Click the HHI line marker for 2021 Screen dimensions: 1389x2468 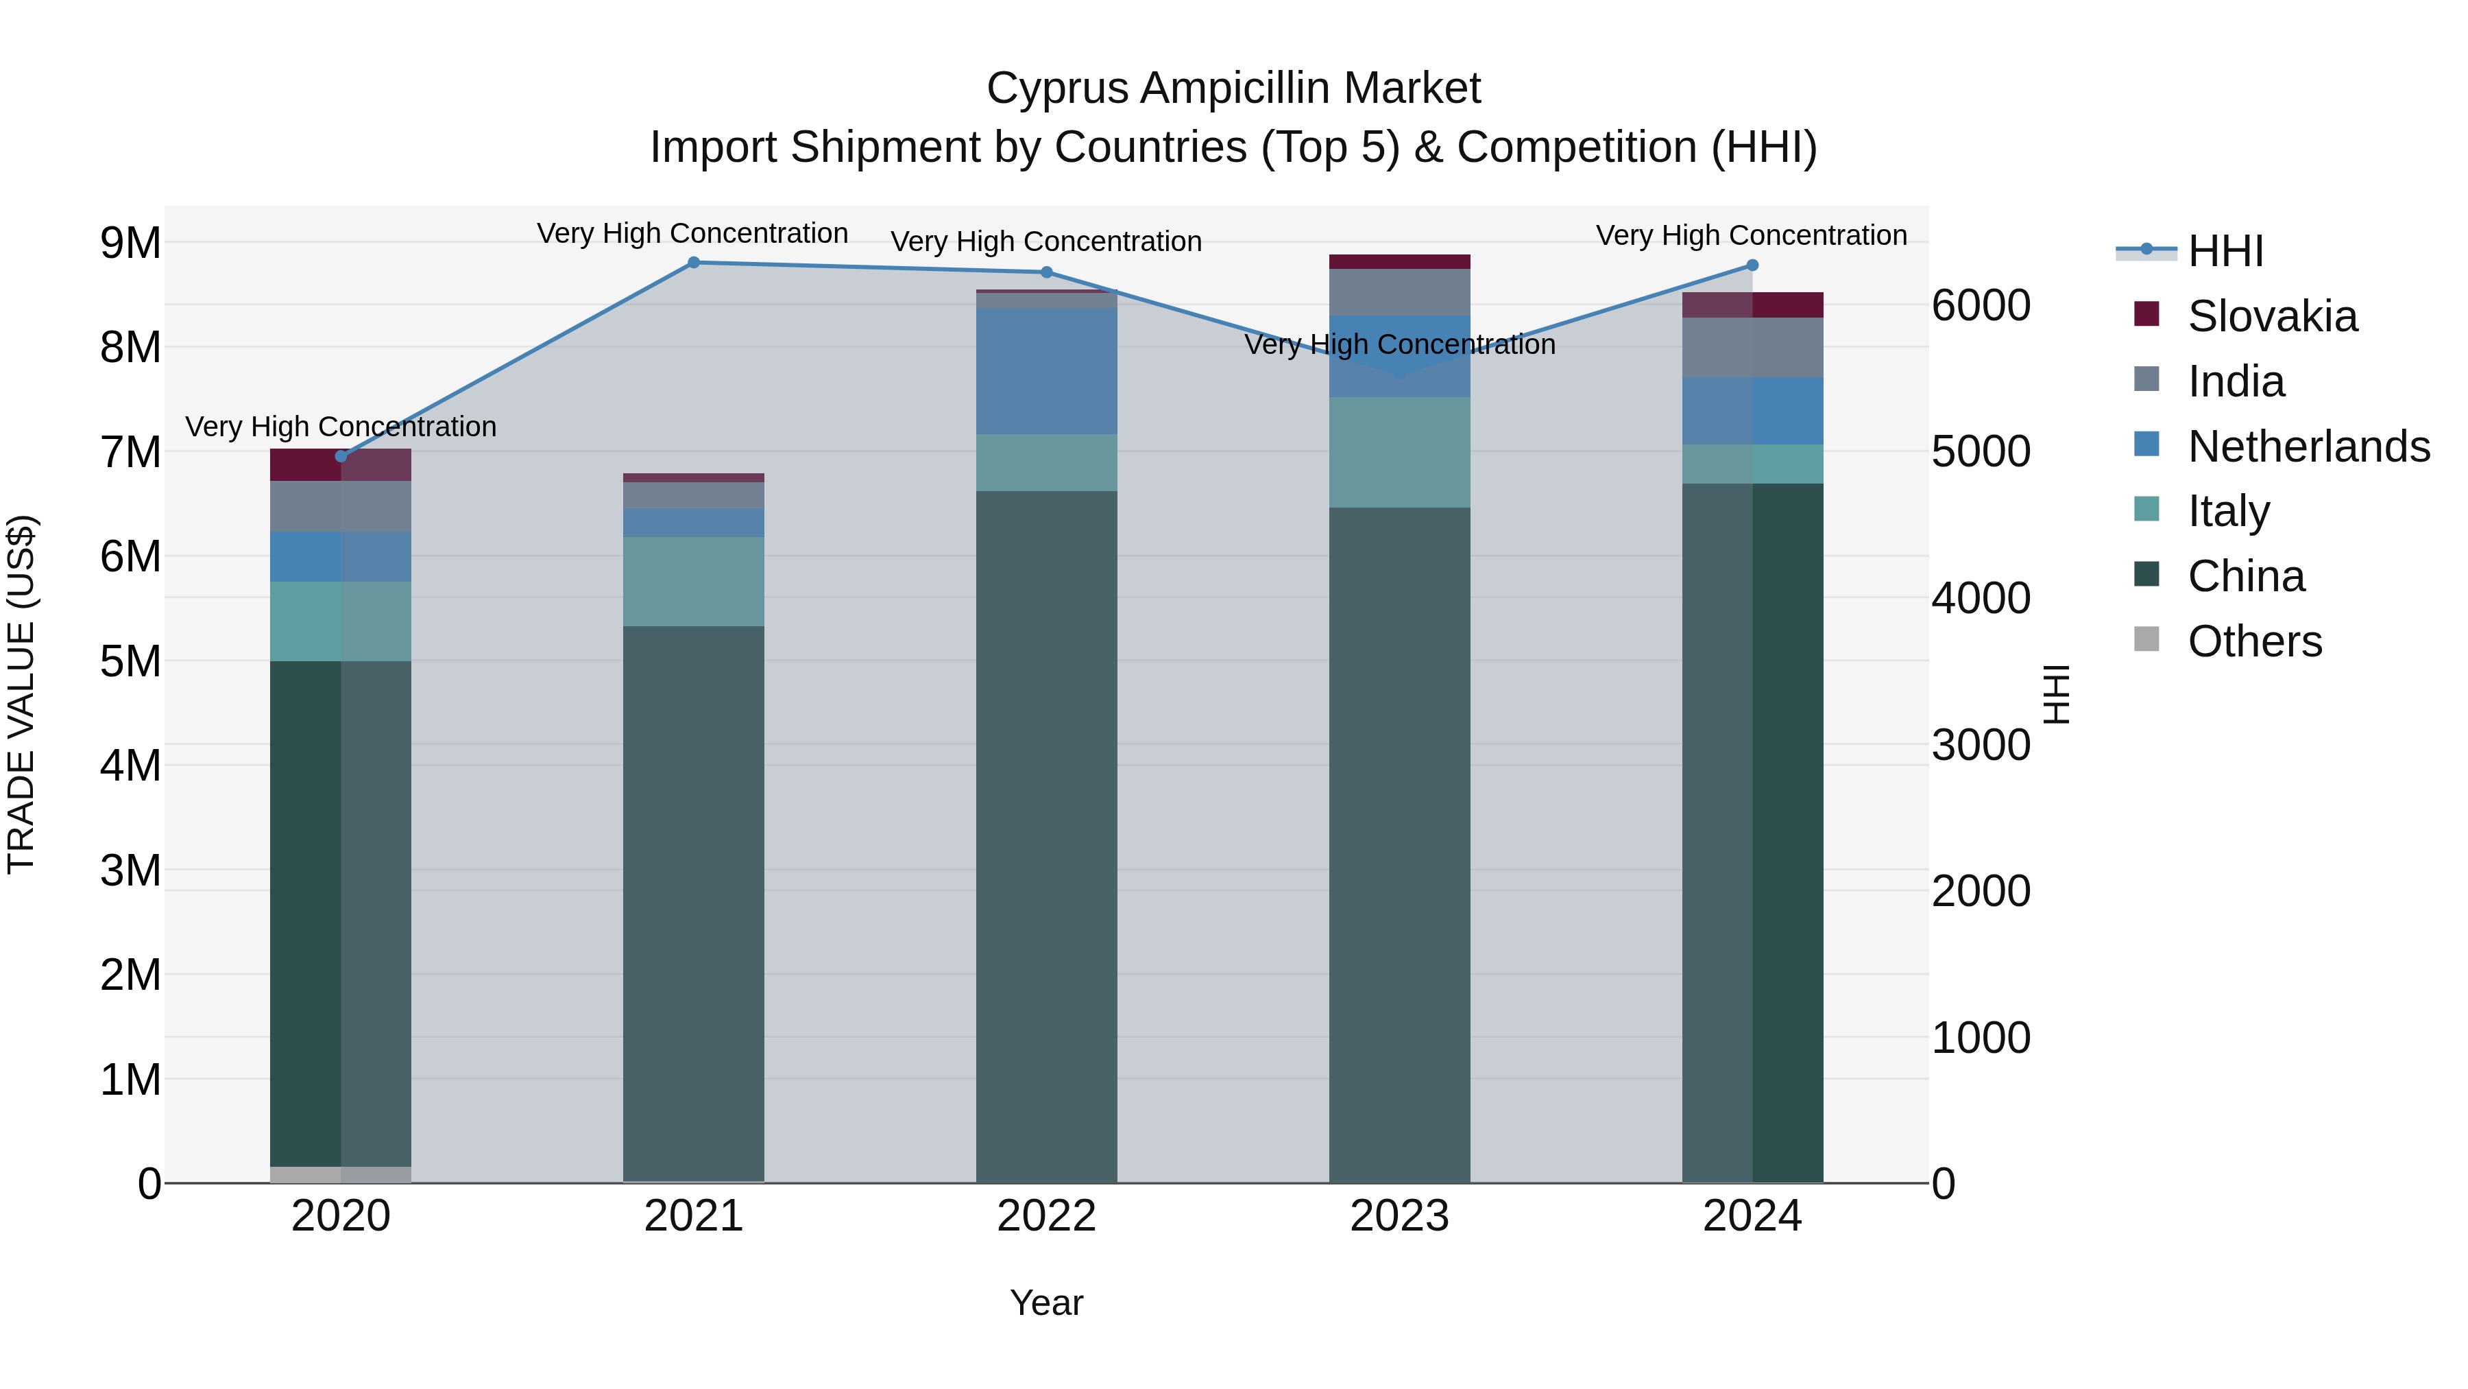[x=694, y=263]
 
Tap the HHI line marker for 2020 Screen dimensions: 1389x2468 [x=341, y=456]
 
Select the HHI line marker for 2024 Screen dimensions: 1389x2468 [x=1752, y=265]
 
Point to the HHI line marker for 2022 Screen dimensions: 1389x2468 [x=1046, y=272]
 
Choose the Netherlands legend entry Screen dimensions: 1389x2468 [x=2307, y=447]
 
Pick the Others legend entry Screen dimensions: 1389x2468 [x=2253, y=641]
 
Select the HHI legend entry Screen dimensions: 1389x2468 [x=2225, y=251]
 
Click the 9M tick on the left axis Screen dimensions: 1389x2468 [x=130, y=244]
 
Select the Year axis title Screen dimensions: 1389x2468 [x=1046, y=1303]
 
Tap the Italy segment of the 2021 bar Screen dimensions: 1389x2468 [x=694, y=581]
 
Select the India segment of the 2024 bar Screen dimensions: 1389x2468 [x=1752, y=347]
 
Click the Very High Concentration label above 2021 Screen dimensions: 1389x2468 [x=692, y=234]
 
